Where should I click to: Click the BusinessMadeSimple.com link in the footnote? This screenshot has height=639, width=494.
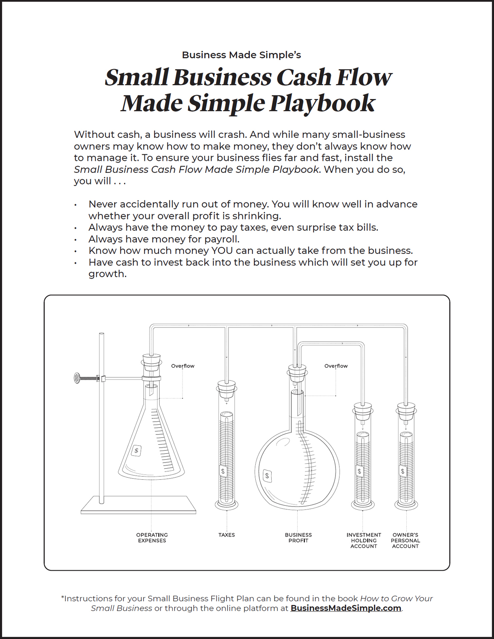[x=346, y=608]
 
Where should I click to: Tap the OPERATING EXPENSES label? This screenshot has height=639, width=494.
[x=152, y=538]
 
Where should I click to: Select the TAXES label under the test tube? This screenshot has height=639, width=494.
[x=226, y=535]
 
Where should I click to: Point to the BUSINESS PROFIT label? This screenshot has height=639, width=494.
[x=298, y=538]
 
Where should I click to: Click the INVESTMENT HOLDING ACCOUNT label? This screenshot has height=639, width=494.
[x=364, y=541]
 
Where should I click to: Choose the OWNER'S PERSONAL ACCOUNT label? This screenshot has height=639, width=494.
[x=405, y=541]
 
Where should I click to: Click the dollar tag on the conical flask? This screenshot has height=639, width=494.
[x=136, y=451]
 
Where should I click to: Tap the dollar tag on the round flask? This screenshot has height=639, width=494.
[x=267, y=476]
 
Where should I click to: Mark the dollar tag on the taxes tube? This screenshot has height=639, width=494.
[x=223, y=472]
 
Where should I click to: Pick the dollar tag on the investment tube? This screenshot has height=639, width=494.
[x=359, y=472]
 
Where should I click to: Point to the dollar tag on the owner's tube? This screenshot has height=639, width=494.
[x=403, y=472]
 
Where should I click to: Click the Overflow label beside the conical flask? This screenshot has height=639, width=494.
[x=183, y=366]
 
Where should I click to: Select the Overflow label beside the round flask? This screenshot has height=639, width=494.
[x=336, y=366]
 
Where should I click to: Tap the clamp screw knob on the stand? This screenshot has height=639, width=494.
[x=77, y=378]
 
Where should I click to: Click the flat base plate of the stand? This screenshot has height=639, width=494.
[x=138, y=505]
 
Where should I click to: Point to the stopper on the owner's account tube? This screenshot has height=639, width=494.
[x=406, y=410]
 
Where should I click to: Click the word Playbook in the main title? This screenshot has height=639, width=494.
[x=322, y=103]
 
